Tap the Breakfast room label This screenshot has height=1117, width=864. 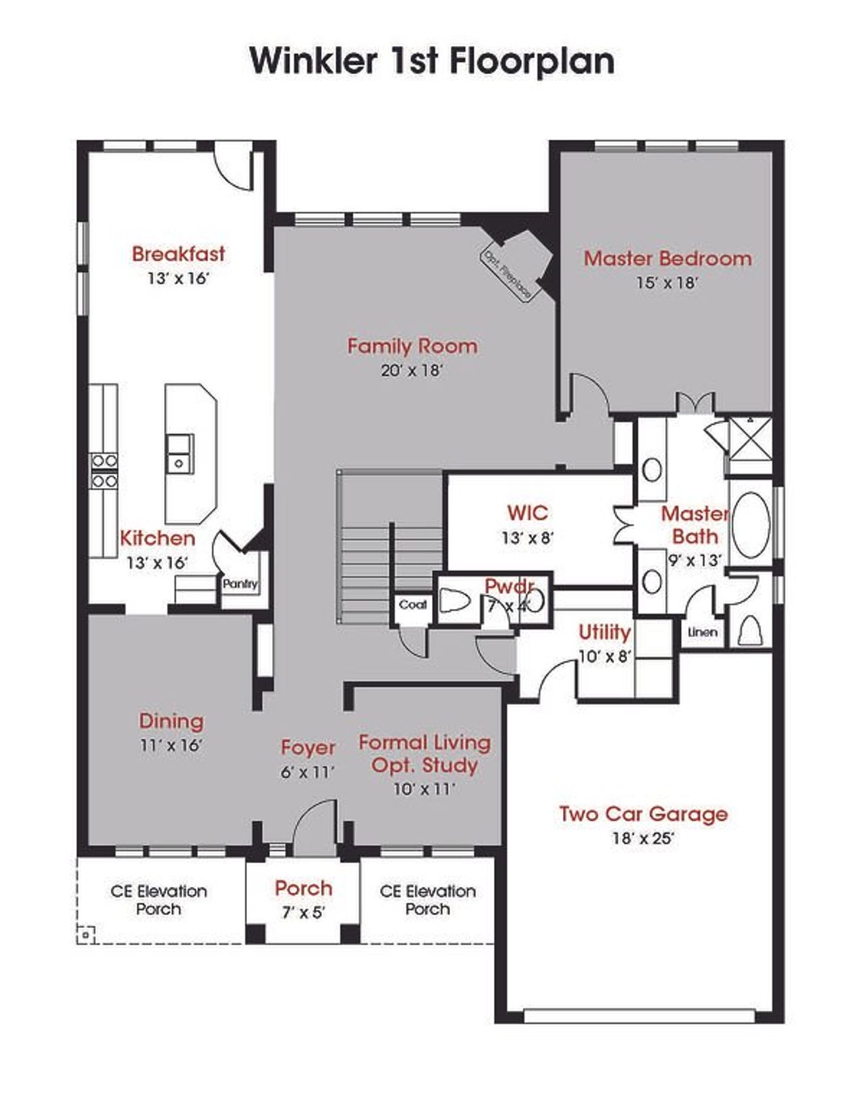178,254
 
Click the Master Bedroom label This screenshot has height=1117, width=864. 667,258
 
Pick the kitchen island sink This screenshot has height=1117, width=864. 180,453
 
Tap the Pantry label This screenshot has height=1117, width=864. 240,584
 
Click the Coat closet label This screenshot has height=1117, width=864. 412,605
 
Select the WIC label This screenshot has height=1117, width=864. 527,513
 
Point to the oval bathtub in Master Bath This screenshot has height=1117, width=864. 751,525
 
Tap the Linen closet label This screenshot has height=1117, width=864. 702,632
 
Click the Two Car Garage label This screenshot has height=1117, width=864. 643,814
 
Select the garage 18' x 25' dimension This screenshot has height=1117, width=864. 643,838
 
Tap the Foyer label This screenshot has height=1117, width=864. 308,747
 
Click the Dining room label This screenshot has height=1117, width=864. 171,721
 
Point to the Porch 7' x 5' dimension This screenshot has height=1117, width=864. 303,913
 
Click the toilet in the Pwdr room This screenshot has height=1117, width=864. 456,601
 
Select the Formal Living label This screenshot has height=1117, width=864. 425,742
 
